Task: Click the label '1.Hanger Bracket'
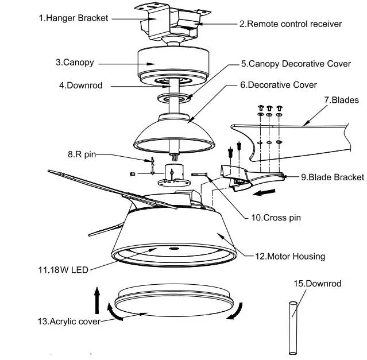click(x=73, y=18)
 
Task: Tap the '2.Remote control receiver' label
click(x=290, y=24)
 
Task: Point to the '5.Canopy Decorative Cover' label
click(x=295, y=64)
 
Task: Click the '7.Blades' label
click(x=341, y=99)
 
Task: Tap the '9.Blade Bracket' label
click(x=332, y=177)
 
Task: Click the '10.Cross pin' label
click(x=276, y=218)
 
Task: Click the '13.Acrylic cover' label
click(x=68, y=321)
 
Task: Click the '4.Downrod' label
click(x=80, y=86)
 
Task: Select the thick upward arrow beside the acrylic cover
click(x=98, y=300)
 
